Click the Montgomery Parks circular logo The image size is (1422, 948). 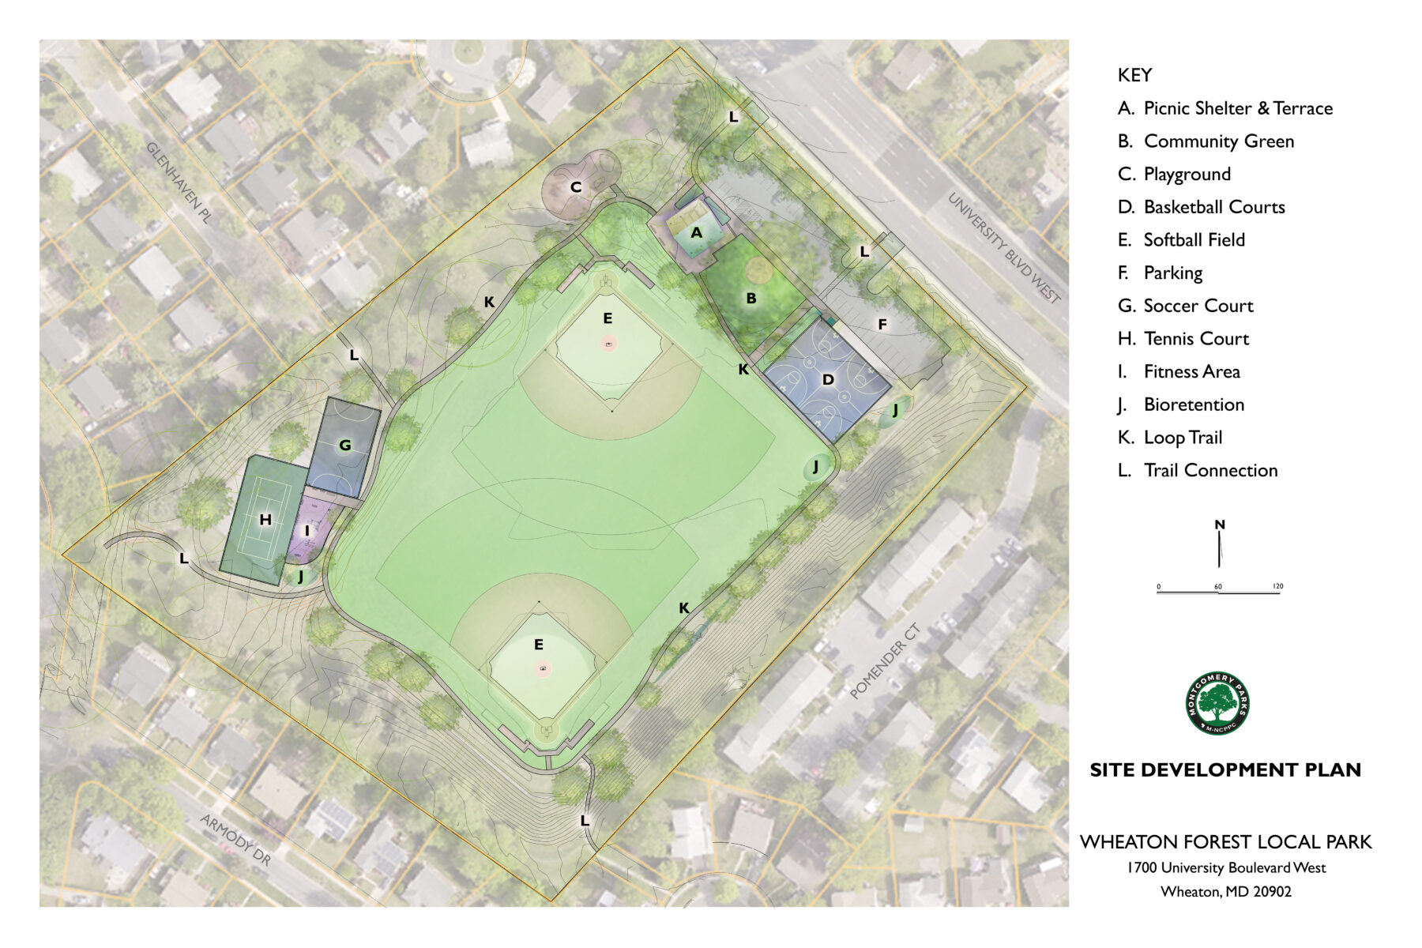coord(1217,703)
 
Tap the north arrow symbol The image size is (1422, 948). coord(1220,545)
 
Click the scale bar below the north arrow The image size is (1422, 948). coord(1218,591)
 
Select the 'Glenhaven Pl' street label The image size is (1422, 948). coord(179,183)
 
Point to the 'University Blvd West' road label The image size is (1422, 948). coord(1004,247)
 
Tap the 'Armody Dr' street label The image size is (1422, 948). coord(235,841)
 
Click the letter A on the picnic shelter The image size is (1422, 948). coord(696,233)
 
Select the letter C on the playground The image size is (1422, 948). coord(576,187)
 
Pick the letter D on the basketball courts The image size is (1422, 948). coord(828,380)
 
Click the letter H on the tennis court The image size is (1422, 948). coord(265,520)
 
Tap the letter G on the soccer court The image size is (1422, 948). coord(344,446)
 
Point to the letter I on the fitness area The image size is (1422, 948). coord(307,531)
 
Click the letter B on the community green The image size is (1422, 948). coord(751,299)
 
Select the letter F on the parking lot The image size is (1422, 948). coord(882,325)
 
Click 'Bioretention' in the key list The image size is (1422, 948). coord(1193,404)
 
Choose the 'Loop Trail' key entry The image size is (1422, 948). coord(1183,438)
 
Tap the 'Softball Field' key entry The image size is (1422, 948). coord(1194,240)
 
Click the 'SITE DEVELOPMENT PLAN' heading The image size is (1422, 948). coord(1225,770)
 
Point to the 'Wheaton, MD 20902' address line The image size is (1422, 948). coord(1225,892)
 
